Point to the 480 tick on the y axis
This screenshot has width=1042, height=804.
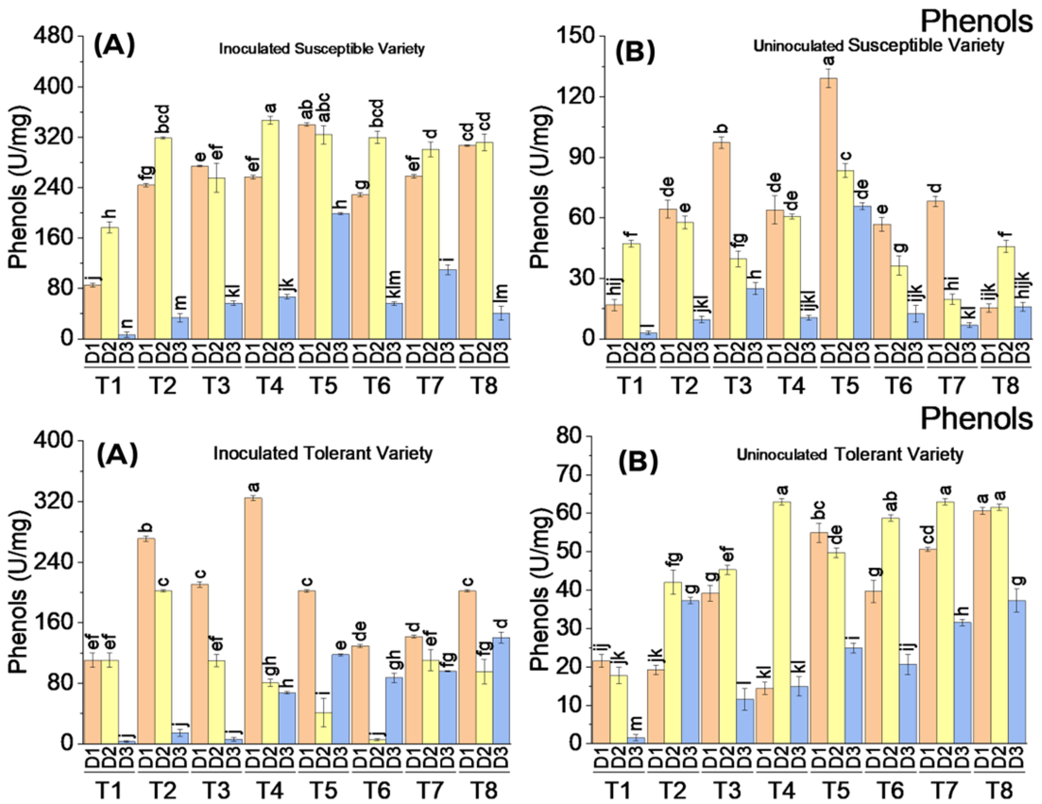[x=53, y=36]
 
